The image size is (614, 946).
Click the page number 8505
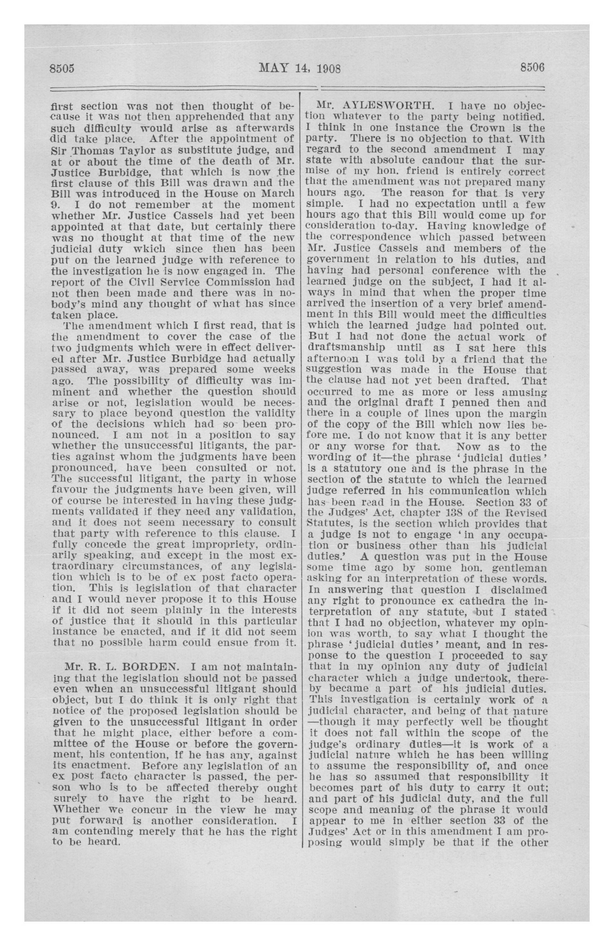point(62,68)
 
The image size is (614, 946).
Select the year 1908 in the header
point(328,68)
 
